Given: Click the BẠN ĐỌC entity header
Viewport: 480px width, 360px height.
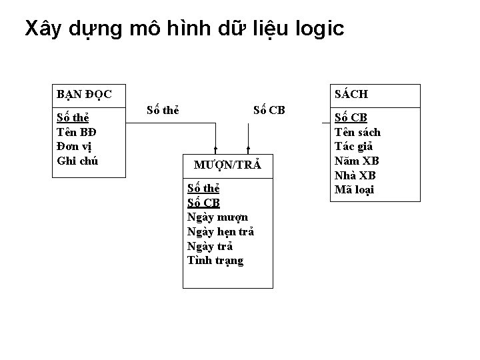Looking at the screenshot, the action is pyautogui.click(x=84, y=94).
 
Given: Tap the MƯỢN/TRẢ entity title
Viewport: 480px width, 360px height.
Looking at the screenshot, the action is pyautogui.click(x=227, y=165).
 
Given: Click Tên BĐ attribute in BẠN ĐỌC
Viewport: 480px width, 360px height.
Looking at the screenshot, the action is pyautogui.click(x=74, y=133).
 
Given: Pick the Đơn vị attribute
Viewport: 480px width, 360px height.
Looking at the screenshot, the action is pyautogui.click(x=75, y=147).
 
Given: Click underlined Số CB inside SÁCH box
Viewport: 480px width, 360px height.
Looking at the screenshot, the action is pyautogui.click(x=351, y=118).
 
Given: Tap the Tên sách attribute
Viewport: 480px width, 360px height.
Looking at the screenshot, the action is pyautogui.click(x=357, y=132).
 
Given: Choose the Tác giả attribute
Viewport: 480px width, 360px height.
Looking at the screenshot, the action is pyautogui.click(x=353, y=147).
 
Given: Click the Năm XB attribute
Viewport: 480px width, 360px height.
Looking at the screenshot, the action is pyautogui.click(x=356, y=161).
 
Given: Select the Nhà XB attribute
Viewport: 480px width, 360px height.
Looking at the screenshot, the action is pyautogui.click(x=355, y=175).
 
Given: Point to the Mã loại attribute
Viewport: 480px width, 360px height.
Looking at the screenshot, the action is pyautogui.click(x=354, y=189).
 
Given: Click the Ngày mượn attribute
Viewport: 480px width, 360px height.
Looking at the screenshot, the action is pyautogui.click(x=217, y=217).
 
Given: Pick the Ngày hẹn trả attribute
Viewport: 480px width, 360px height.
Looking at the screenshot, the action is pyautogui.click(x=221, y=231).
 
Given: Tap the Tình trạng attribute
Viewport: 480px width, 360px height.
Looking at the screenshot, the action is pyautogui.click(x=215, y=260).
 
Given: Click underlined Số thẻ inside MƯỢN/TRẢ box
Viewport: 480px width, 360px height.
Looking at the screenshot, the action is pyautogui.click(x=203, y=189).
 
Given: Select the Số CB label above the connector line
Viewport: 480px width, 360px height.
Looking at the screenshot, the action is pyautogui.click(x=269, y=109).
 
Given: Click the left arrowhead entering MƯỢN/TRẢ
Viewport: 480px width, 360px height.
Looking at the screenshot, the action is pyautogui.click(x=215, y=149).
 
